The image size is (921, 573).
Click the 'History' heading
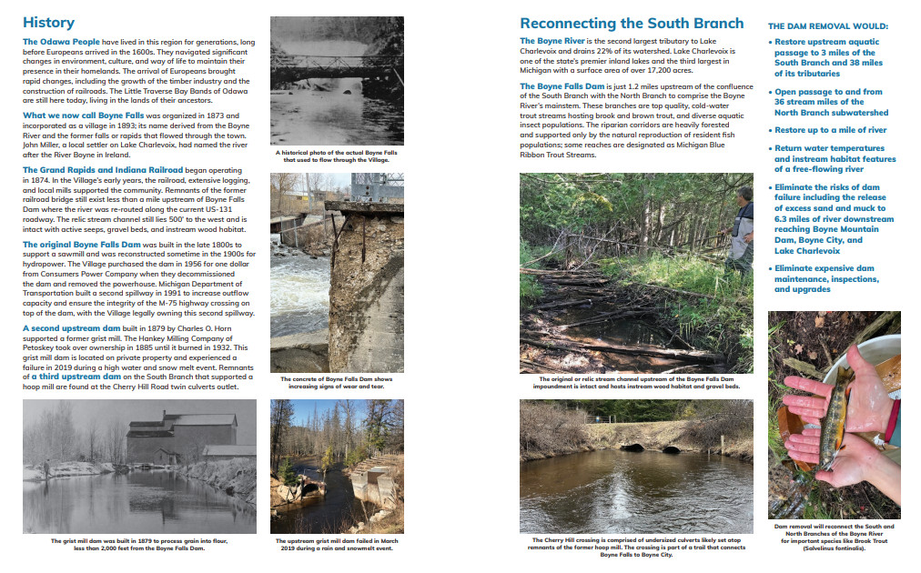[48, 23]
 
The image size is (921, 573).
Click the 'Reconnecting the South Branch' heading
[631, 24]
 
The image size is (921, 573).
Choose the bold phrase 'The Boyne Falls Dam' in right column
[561, 86]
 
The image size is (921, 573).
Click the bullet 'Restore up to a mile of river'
[830, 130]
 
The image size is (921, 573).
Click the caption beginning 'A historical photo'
[337, 156]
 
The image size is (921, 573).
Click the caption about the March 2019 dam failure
[337, 543]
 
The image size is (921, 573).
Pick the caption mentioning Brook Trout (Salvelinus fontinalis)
[834, 538]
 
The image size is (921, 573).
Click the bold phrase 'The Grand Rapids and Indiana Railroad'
[102, 170]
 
